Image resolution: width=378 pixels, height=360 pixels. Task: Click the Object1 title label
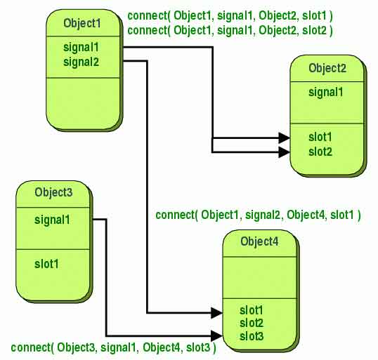(x=82, y=24)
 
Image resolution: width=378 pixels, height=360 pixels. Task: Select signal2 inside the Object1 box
(x=81, y=62)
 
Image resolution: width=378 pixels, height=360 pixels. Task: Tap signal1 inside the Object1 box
(x=81, y=47)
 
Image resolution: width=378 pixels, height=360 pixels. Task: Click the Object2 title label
(x=327, y=68)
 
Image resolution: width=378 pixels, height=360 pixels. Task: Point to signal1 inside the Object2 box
(x=326, y=92)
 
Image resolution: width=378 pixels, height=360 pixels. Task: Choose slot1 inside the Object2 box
(x=320, y=137)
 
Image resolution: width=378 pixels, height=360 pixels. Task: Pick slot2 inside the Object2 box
(x=320, y=152)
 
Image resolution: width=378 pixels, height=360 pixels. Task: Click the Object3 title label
(x=53, y=192)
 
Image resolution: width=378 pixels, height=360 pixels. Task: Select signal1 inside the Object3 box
(x=52, y=220)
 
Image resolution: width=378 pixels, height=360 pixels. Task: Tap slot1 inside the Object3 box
(x=46, y=264)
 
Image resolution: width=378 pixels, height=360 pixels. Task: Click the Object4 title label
(x=259, y=241)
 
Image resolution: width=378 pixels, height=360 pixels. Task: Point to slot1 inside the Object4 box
(x=252, y=310)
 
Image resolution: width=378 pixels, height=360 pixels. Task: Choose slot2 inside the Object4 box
(x=252, y=323)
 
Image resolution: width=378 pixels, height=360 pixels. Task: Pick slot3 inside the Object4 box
(x=252, y=336)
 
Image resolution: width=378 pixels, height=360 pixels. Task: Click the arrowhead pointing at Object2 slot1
(x=285, y=138)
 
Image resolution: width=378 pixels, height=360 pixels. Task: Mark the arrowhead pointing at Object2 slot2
(x=285, y=152)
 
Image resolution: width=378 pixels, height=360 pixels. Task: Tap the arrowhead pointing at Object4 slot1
(x=216, y=313)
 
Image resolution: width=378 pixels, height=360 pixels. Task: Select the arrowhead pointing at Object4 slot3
(x=216, y=335)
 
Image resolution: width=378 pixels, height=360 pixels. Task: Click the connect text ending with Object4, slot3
(x=113, y=347)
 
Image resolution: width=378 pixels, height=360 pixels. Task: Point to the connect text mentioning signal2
(x=258, y=215)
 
